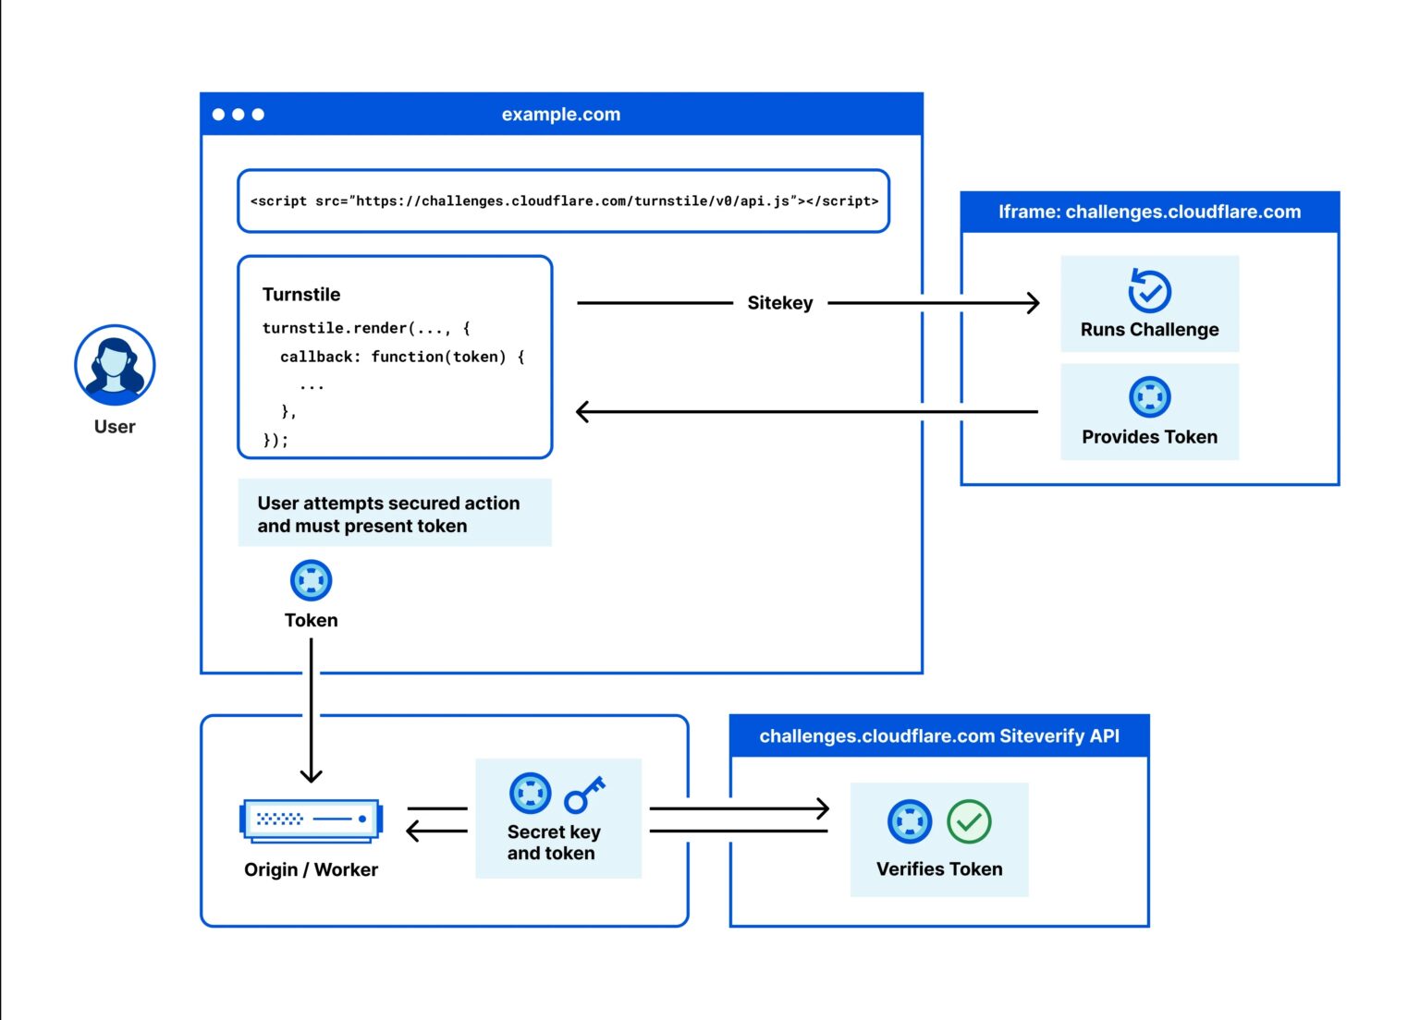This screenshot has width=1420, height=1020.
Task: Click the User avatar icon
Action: tap(115, 365)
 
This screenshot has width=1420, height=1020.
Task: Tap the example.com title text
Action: tap(560, 115)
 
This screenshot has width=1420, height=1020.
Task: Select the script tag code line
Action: tap(564, 200)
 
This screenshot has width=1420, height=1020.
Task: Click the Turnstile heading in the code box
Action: tap(301, 295)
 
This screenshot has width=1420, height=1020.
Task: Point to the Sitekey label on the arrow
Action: tap(779, 303)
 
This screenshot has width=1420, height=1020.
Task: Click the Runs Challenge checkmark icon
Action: tap(1149, 291)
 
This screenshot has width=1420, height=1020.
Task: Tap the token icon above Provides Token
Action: tap(1149, 397)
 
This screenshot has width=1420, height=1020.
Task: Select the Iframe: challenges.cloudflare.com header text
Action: tap(1149, 212)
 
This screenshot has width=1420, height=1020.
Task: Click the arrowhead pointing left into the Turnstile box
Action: tap(582, 411)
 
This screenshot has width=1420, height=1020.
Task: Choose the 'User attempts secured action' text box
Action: tap(394, 514)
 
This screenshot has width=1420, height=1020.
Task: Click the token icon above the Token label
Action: tap(311, 580)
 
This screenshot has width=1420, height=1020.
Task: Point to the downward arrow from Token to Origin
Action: tap(311, 711)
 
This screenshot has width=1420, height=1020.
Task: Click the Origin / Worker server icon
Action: tap(311, 820)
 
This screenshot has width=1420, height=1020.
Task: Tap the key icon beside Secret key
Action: tap(584, 794)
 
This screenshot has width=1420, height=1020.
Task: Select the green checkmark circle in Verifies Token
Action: tap(969, 821)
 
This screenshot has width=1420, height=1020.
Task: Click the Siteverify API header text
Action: tap(938, 736)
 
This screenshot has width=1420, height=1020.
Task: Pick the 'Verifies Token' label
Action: tap(938, 869)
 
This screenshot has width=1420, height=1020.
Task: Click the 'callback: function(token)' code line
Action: tap(402, 357)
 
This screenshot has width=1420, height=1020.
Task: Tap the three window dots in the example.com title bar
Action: tap(239, 115)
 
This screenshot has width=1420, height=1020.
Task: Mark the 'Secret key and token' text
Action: tap(553, 843)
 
